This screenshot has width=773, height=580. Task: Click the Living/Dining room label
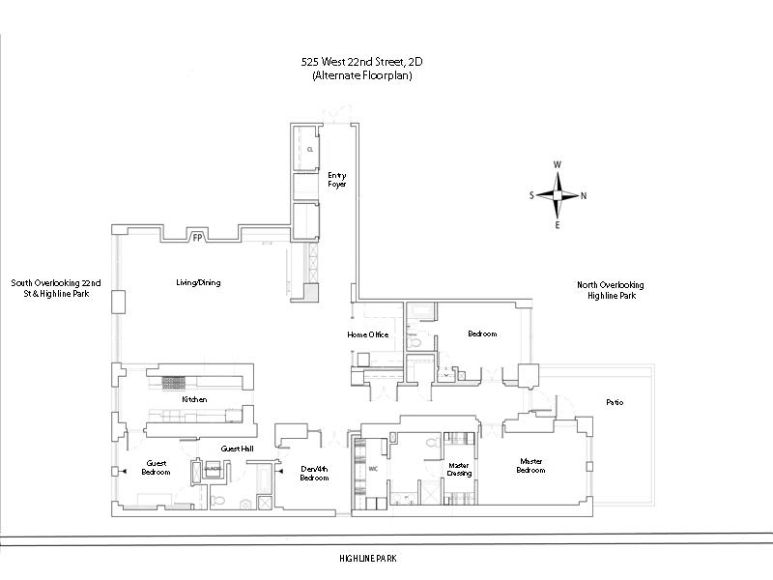click(198, 282)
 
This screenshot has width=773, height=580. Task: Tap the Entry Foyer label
click(336, 179)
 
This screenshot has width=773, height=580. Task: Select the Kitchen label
click(194, 399)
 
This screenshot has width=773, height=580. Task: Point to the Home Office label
click(368, 334)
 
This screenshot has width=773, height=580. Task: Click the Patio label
click(615, 401)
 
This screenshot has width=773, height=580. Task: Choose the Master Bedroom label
click(531, 466)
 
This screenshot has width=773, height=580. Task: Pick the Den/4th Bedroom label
click(314, 474)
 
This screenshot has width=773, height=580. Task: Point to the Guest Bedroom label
click(157, 468)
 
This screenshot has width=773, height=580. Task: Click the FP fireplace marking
click(197, 238)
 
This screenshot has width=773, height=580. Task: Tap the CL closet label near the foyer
click(310, 151)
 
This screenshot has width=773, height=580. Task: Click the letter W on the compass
click(558, 165)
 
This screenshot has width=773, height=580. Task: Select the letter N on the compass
click(584, 195)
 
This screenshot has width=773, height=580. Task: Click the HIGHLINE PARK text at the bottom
click(368, 559)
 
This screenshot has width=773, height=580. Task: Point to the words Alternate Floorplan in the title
click(362, 75)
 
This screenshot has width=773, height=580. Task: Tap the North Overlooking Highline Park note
click(611, 290)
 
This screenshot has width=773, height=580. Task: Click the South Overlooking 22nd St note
click(56, 288)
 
